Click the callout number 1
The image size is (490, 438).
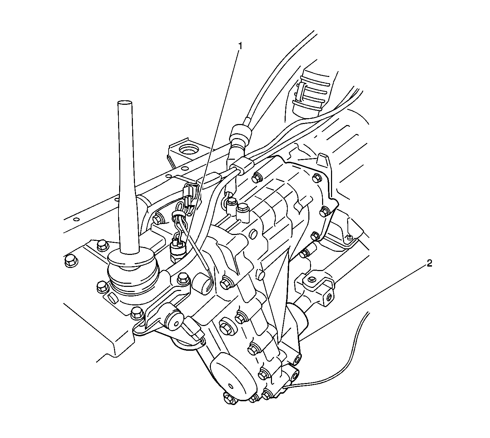(x=240, y=46)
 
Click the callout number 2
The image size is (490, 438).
(x=429, y=263)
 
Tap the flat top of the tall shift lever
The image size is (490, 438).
(x=124, y=103)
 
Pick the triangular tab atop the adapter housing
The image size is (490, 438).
(x=323, y=160)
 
